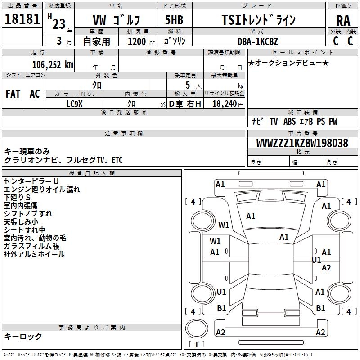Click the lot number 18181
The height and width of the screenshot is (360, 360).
coord(22,19)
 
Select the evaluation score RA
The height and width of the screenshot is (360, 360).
coord(343,20)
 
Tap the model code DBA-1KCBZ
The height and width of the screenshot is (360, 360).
coord(258,41)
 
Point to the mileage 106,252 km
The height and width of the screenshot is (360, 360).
coord(53,64)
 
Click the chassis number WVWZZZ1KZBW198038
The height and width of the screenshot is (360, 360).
coord(302,143)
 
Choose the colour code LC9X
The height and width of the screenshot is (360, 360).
coord(74,103)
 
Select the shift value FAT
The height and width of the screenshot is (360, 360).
coord(13,94)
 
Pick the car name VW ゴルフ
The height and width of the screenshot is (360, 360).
coord(116,20)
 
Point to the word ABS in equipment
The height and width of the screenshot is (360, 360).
coord(290,121)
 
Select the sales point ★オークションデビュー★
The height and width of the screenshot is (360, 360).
coord(288,63)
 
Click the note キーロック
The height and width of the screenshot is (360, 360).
coord(23,336)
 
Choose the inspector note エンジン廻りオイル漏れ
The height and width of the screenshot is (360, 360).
coord(42,189)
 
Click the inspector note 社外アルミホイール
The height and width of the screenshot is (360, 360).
coord(34,254)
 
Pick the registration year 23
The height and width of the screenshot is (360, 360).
coord(59,24)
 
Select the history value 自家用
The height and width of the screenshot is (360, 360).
coord(96,41)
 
